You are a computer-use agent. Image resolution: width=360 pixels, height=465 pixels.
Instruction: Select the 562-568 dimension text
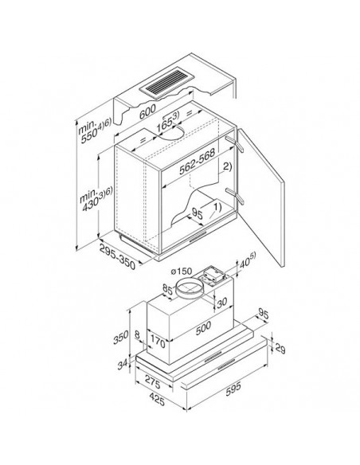click(197, 161)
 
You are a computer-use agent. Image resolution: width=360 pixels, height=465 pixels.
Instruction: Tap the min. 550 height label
click(94, 131)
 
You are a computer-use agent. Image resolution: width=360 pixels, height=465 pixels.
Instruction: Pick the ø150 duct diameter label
click(182, 272)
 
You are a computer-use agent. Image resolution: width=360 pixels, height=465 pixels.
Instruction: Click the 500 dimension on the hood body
click(203, 328)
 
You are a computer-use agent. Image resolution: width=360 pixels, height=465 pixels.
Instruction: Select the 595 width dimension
click(233, 389)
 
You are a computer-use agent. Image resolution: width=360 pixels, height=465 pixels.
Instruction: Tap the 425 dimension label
click(157, 401)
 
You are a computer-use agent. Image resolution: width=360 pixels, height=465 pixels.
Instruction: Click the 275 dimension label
click(152, 383)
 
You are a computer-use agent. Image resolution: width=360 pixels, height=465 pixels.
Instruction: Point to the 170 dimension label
click(157, 342)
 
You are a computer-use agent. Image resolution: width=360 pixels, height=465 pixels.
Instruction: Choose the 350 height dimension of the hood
click(121, 337)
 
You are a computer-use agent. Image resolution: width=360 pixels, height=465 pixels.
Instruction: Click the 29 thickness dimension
click(280, 348)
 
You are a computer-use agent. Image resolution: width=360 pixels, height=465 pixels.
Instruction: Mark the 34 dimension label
click(123, 364)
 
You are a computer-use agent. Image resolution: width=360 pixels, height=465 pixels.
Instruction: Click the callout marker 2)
click(227, 166)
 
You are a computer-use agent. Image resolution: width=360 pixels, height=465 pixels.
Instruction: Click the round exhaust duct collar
click(190, 288)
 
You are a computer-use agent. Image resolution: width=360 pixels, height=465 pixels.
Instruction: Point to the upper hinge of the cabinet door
click(235, 143)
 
